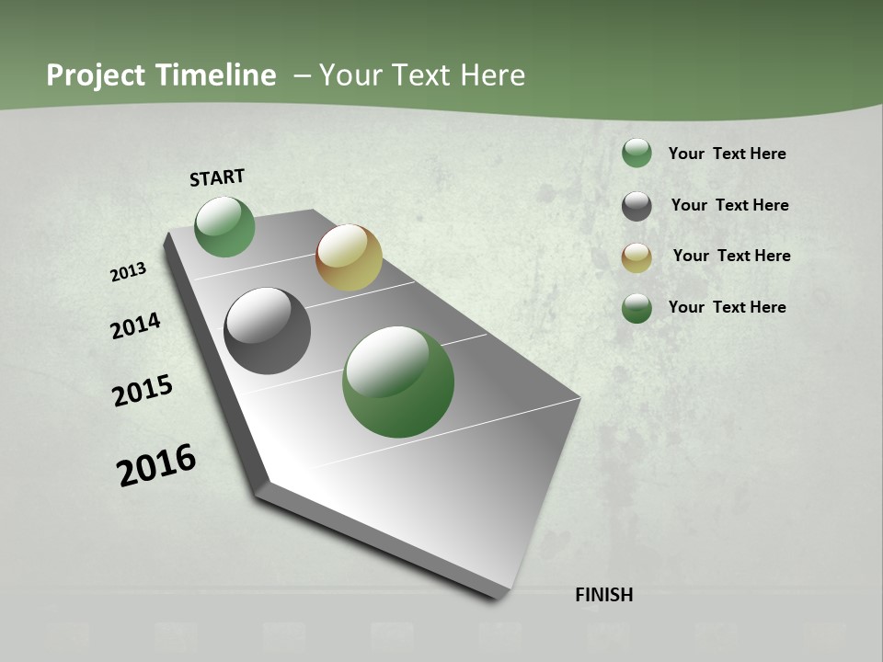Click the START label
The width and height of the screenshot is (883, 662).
pos(217,177)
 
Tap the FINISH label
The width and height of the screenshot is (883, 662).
pos(603,595)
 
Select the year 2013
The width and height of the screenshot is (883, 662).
pos(128,272)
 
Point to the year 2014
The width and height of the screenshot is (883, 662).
pos(135,326)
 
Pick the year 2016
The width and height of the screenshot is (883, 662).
pos(156,465)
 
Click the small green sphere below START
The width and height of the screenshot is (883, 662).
pos(225,227)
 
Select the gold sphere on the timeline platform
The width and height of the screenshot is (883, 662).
pos(349,257)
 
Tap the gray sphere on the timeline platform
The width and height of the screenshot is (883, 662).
pos(268,331)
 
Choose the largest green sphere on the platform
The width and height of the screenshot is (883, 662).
pos(398,382)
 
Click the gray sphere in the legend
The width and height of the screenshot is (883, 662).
pos(636,206)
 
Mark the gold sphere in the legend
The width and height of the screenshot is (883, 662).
pos(636,257)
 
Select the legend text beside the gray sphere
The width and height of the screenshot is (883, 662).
pos(729,205)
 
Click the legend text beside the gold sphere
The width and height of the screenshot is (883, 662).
pos(731,256)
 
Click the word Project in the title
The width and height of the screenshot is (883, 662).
pos(93,75)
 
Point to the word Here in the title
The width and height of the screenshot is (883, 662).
pos(493,75)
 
